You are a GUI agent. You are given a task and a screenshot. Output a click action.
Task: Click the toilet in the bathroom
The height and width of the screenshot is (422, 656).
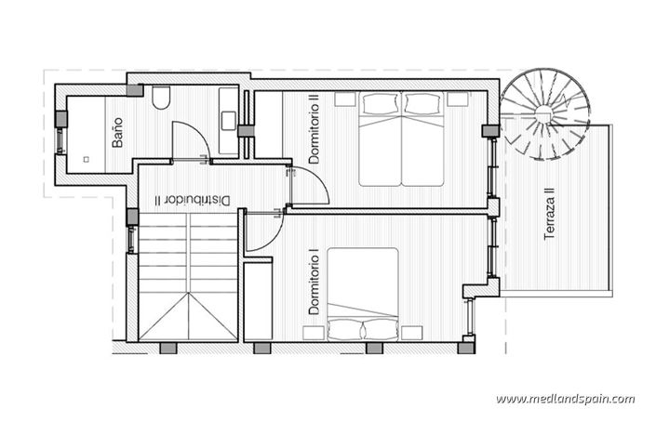160,98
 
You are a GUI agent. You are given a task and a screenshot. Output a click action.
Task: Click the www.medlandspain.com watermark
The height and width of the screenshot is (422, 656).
565,399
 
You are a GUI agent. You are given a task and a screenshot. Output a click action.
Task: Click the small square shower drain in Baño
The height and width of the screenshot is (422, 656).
86,159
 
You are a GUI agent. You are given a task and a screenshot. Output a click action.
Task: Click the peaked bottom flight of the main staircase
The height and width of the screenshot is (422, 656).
189,316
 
